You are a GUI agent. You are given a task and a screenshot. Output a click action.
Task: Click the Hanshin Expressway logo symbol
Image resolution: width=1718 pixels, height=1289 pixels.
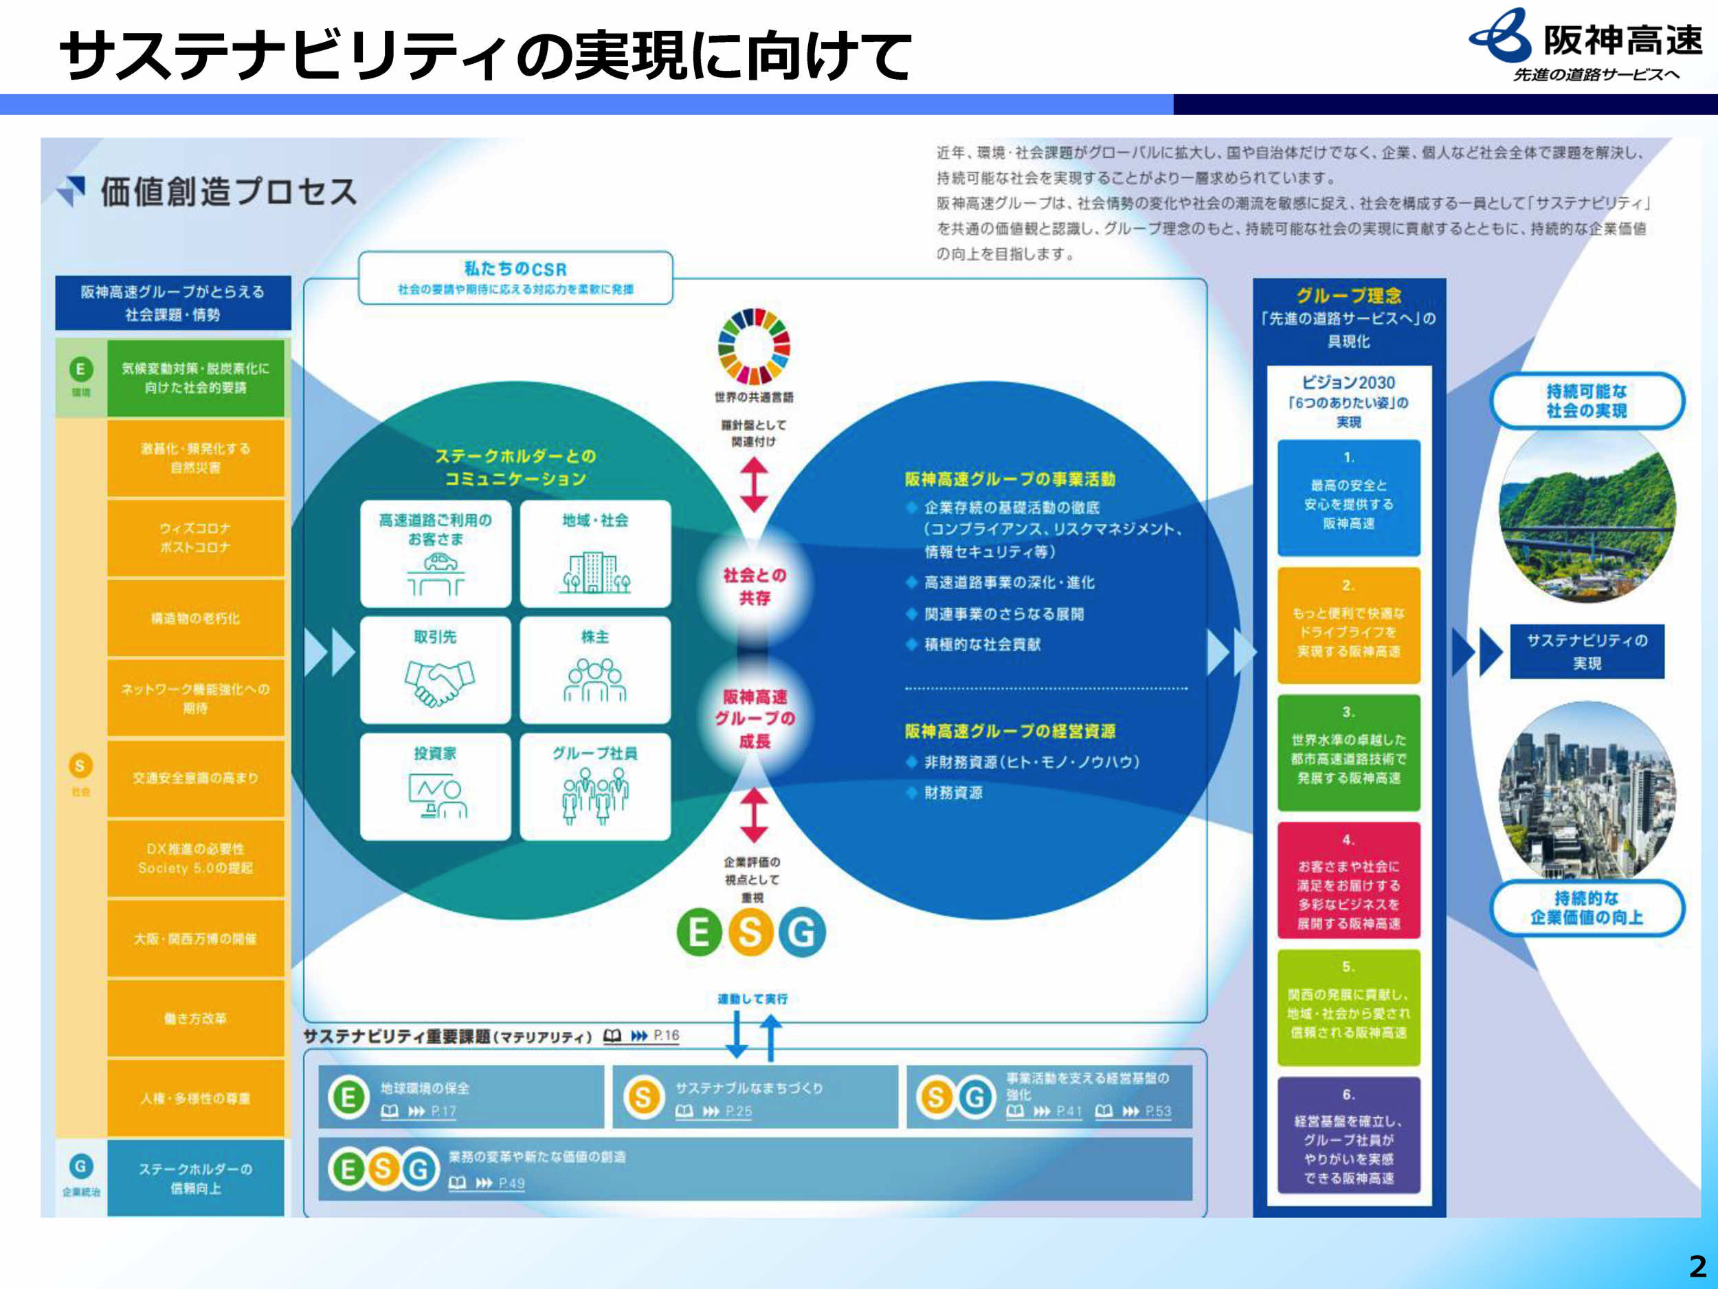(1499, 36)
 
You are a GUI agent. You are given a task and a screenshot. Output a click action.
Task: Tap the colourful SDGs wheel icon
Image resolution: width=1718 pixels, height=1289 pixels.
(753, 346)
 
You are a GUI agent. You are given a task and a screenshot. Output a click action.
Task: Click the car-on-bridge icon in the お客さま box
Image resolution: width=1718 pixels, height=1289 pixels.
(436, 573)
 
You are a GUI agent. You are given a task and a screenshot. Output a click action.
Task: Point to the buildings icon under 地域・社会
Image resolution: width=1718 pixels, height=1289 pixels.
(596, 573)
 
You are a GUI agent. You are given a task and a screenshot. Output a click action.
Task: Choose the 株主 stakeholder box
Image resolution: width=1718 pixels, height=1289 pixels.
(595, 670)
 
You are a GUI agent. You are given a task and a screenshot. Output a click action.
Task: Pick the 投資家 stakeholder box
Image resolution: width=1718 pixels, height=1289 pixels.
(435, 786)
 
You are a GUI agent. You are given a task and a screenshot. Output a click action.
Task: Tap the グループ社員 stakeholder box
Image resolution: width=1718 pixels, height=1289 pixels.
(595, 786)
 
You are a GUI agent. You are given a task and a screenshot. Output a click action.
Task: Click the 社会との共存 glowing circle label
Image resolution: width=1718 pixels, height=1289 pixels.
(754, 586)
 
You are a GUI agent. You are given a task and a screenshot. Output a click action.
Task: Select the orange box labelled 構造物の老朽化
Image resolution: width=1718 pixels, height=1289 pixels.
(196, 619)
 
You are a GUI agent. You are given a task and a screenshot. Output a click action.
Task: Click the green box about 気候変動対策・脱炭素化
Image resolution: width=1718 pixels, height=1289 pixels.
(196, 377)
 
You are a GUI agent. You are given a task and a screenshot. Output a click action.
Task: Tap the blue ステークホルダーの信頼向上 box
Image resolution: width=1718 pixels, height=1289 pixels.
(196, 1178)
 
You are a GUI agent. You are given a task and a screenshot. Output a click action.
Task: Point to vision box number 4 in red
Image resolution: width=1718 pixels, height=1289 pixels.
(1348, 881)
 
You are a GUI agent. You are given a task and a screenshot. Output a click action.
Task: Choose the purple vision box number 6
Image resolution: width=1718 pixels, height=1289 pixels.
(1348, 1135)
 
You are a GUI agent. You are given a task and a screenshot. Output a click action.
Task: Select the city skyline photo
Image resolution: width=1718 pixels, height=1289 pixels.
(1586, 793)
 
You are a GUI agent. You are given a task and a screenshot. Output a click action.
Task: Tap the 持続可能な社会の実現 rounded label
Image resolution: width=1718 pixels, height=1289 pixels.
(1586, 401)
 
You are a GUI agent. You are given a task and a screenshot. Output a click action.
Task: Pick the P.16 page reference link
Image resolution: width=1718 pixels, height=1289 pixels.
(666, 1036)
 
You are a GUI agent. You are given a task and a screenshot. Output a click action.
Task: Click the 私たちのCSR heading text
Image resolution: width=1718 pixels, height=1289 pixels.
(515, 269)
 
